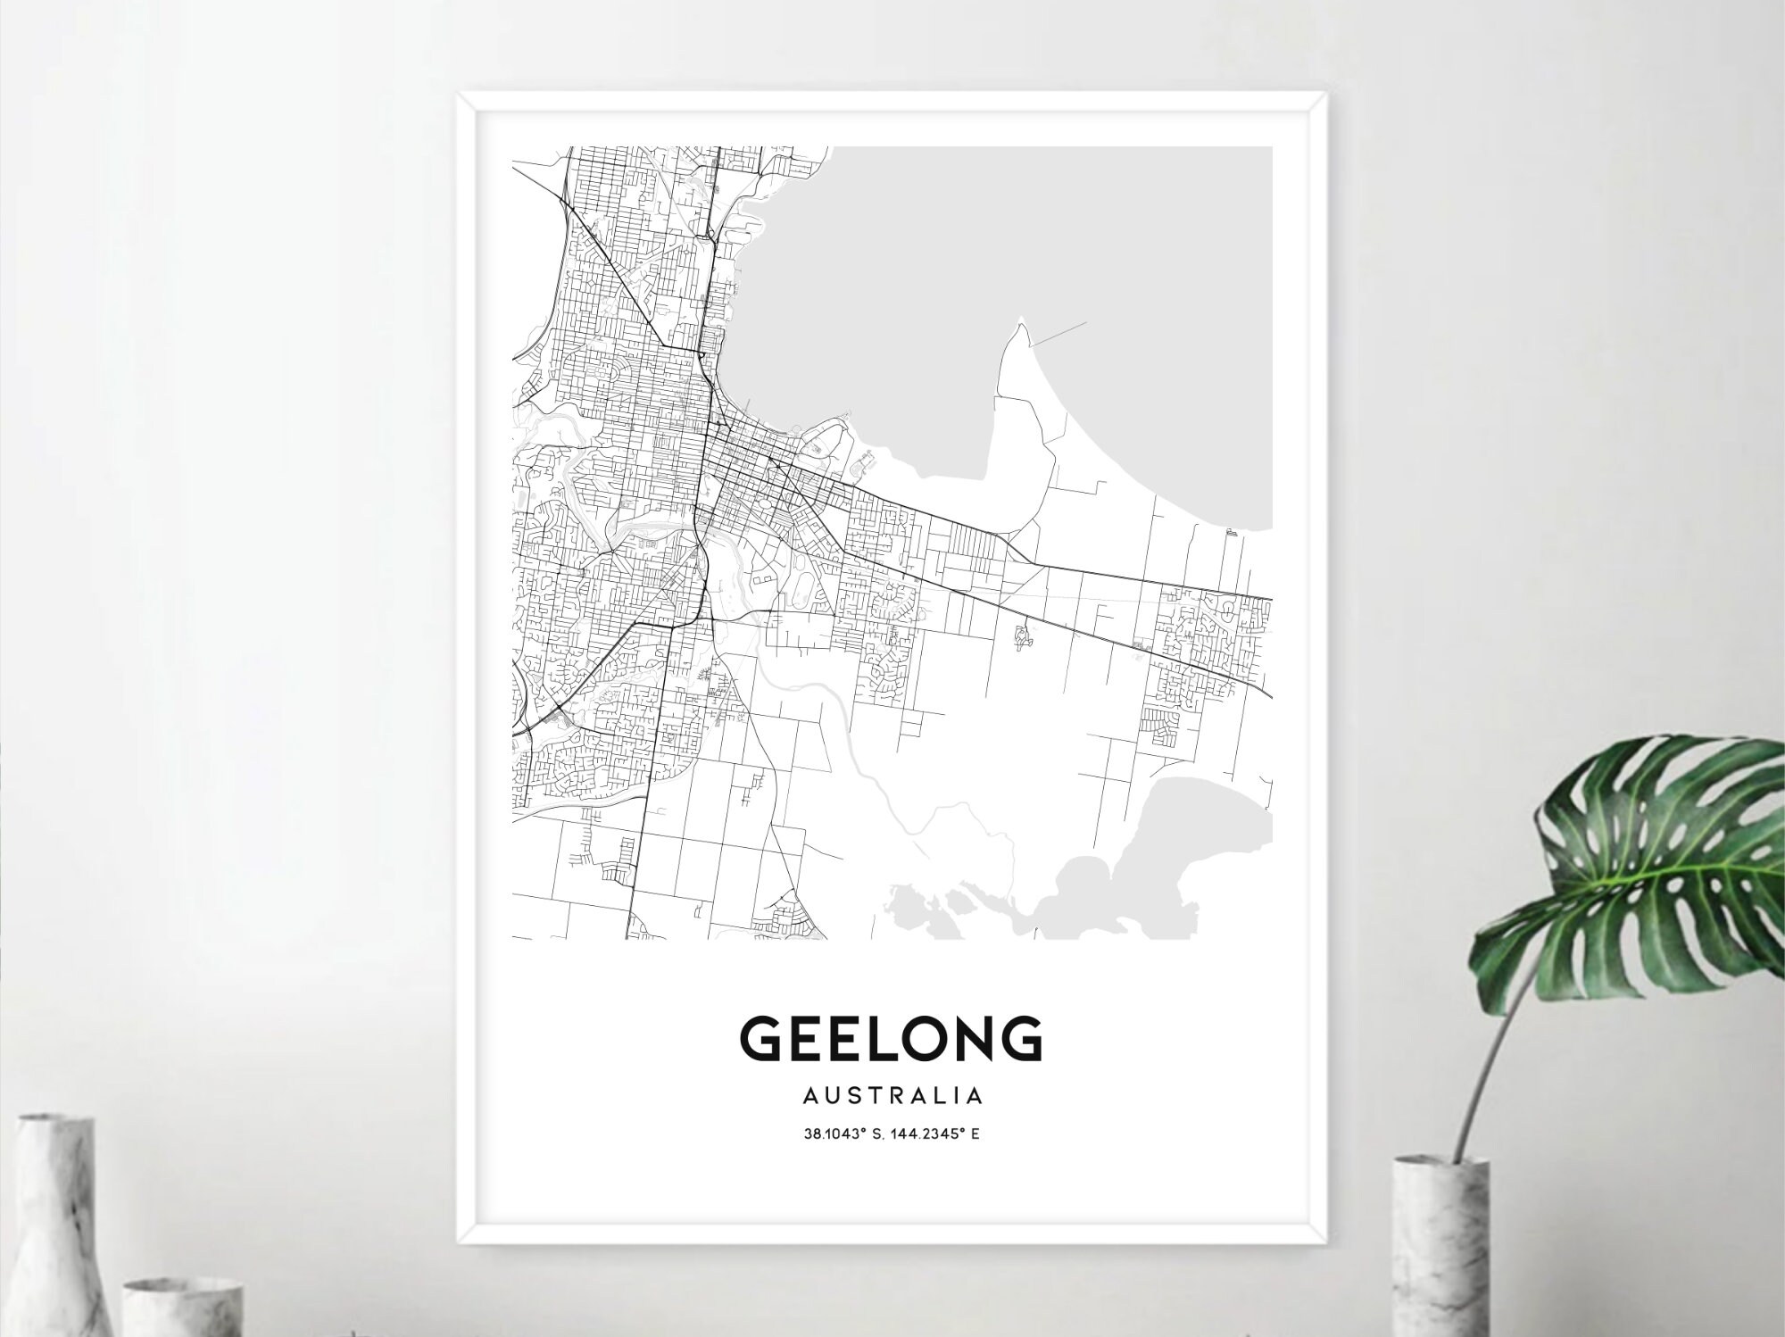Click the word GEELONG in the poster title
891,1039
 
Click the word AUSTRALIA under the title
892,1095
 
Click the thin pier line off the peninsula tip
1058,331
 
